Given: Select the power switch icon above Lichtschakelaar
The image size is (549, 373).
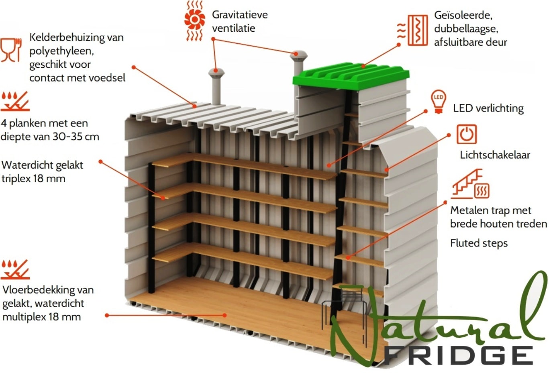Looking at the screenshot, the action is tap(467, 134).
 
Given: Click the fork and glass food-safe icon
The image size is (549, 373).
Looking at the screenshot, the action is tap(11, 50).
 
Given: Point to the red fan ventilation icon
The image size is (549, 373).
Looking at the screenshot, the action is tap(194, 20).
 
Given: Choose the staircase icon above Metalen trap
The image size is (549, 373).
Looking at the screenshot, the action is tap(469, 183).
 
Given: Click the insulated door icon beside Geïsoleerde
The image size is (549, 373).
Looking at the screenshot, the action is tap(413, 30).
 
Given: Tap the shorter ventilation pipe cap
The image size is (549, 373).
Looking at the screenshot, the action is tap(216, 73).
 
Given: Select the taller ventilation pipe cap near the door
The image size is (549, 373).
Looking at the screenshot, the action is tap(298, 55).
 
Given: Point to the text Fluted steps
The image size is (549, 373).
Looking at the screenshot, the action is tap(479, 243).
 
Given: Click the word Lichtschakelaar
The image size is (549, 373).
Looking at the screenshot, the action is tap(495, 155).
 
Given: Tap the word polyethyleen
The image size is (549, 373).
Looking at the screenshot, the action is tap(61, 51).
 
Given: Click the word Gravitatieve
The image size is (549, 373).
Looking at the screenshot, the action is tap(240, 15).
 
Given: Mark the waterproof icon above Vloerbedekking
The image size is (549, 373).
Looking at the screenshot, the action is tap(15, 269).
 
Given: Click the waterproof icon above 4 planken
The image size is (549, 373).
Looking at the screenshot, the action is tap(15, 102).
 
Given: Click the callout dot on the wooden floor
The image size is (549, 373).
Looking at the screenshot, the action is tap(224, 315).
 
